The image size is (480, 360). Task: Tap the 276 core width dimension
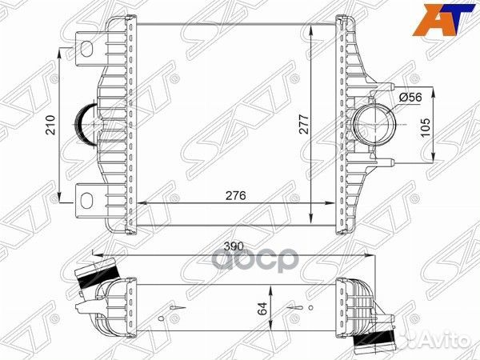(234, 195)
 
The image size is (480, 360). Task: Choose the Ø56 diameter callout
(410, 97)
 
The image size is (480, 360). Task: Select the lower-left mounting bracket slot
(85, 195)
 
